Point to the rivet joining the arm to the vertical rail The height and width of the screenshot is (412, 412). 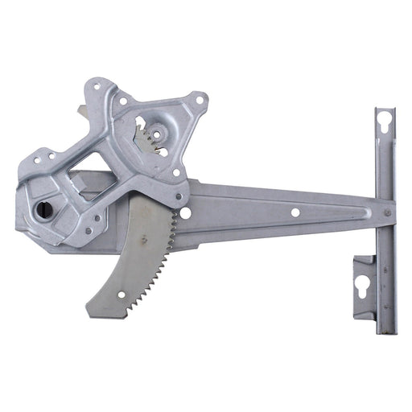click(387, 212)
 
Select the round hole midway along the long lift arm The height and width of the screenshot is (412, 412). click(295, 212)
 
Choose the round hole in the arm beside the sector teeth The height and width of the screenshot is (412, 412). click(185, 213)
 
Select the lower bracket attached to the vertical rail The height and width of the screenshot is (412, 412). click(366, 286)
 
